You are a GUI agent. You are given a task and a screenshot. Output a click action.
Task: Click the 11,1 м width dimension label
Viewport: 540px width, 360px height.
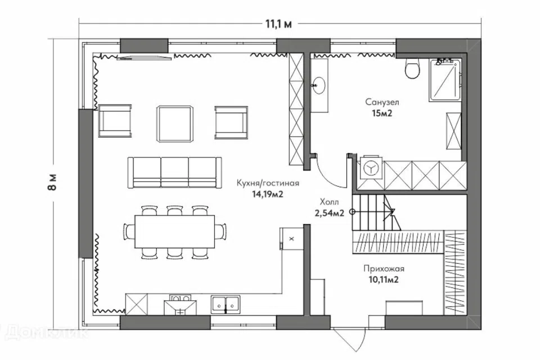[x=278, y=24]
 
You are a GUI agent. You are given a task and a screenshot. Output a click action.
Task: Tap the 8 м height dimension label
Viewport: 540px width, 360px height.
[x=52, y=183]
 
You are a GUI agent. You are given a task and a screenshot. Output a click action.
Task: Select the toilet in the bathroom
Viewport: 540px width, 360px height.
[x=412, y=68]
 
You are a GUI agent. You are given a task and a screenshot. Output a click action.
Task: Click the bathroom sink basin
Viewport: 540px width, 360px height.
[x=318, y=85]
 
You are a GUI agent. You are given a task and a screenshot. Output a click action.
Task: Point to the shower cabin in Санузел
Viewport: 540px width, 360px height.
[x=445, y=80]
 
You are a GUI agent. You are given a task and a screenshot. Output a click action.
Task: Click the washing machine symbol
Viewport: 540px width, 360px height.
[x=371, y=168]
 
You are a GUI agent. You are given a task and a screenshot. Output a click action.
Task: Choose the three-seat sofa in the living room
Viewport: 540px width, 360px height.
[x=174, y=172]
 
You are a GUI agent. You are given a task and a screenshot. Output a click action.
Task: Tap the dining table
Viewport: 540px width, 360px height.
[x=174, y=232]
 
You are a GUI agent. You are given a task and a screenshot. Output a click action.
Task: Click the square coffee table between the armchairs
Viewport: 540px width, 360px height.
[x=174, y=123]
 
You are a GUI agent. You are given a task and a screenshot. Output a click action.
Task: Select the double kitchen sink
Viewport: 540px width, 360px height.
[x=226, y=304]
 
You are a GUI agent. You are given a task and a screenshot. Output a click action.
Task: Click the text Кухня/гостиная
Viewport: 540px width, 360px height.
[x=268, y=183]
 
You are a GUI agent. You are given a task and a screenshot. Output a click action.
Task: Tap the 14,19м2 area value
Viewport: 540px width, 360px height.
[x=268, y=194]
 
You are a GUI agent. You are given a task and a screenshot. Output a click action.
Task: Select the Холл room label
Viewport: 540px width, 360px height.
[x=329, y=202]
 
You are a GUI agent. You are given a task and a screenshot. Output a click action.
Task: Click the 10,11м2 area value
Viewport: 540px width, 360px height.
[x=383, y=280]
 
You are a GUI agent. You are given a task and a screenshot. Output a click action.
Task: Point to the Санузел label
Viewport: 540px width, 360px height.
[x=382, y=102]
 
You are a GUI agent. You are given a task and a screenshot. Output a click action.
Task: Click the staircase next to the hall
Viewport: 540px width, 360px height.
[x=376, y=213]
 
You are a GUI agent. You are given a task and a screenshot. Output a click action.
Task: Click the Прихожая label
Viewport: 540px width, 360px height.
[x=384, y=269]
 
